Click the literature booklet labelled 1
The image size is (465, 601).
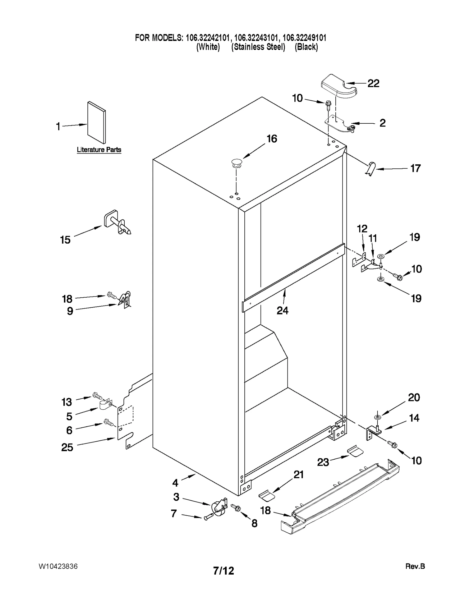(x=96, y=123)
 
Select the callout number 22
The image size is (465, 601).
(x=373, y=84)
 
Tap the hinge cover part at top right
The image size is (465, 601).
(x=339, y=86)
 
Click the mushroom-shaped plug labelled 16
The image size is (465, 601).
(x=237, y=163)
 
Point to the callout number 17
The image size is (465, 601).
(x=415, y=168)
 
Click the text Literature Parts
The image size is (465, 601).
(x=99, y=150)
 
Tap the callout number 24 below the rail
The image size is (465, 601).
(x=282, y=311)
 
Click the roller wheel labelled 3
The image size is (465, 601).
(x=218, y=508)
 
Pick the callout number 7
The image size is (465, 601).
(x=174, y=514)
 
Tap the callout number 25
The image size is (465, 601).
(x=67, y=447)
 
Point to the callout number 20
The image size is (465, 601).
(x=414, y=397)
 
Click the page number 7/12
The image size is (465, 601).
(x=223, y=571)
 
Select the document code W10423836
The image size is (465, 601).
(x=58, y=566)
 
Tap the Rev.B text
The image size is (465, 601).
(x=415, y=566)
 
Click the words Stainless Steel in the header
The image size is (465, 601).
(x=258, y=47)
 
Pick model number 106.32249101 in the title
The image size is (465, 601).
(x=304, y=38)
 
